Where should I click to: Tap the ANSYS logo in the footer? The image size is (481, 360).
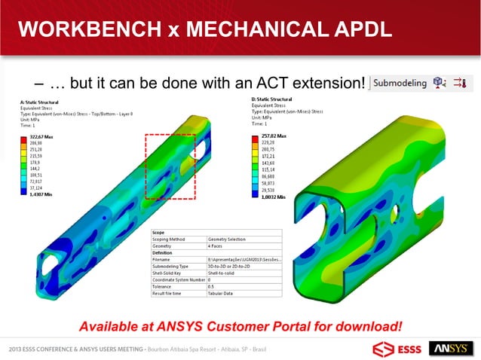(x=451, y=348)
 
